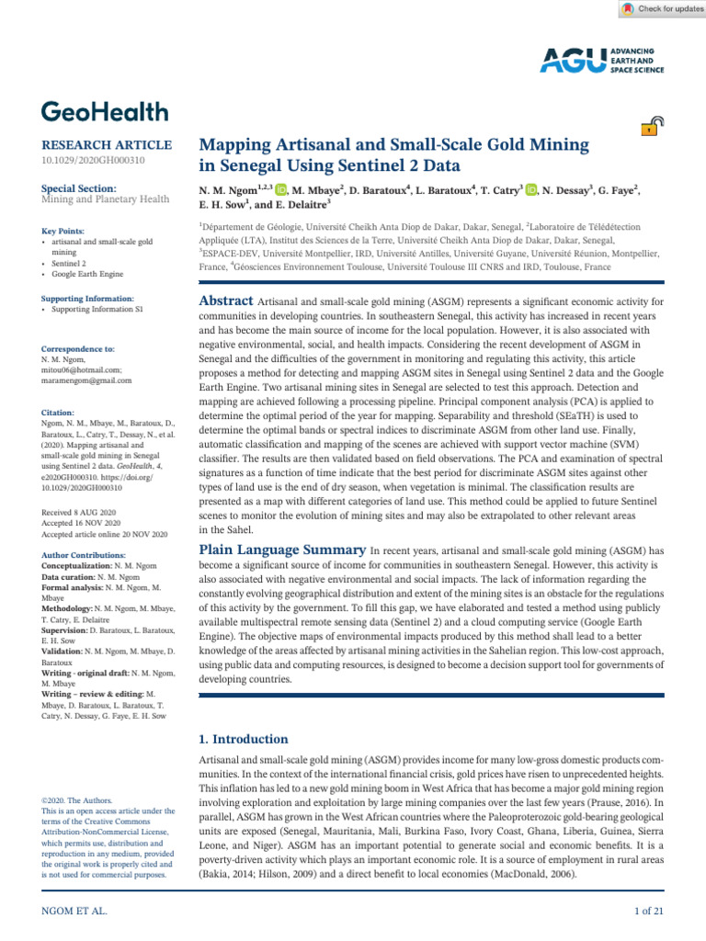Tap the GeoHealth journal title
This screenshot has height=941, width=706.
[x=105, y=112]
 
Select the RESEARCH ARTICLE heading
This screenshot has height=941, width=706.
[x=107, y=145]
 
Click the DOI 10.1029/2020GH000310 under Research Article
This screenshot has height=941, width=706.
[x=92, y=162]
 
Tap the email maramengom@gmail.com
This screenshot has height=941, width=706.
[x=86, y=380]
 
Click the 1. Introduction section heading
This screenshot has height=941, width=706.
[x=244, y=739]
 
